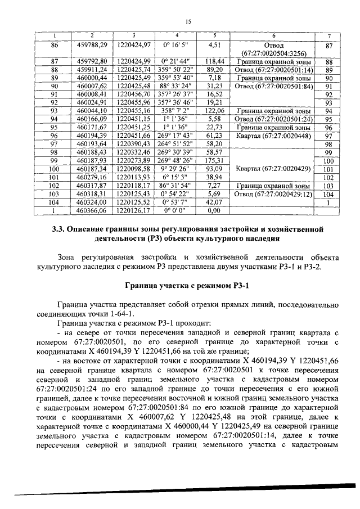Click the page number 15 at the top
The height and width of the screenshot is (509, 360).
pos(188,21)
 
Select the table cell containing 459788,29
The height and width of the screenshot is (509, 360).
pos(92,44)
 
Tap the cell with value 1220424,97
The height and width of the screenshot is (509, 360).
pos(134,44)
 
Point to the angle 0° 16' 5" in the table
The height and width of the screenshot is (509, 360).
pos(175,44)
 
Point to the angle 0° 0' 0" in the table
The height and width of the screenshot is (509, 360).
pos(175,209)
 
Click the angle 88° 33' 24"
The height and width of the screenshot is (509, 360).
pos(175,87)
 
